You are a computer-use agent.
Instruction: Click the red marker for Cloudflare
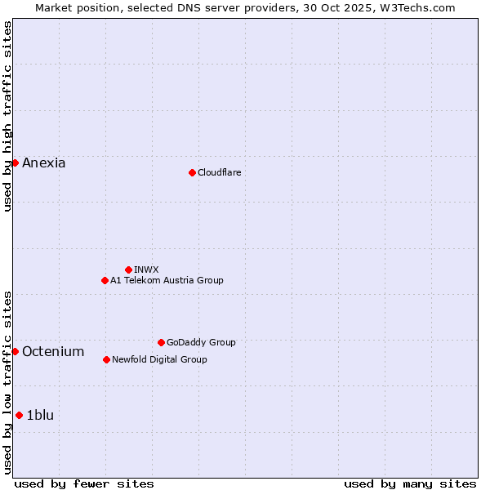click(x=192, y=172)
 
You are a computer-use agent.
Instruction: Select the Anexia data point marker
click(x=15, y=163)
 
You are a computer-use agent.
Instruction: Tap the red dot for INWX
click(x=128, y=269)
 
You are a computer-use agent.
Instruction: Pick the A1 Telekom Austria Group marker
click(x=105, y=280)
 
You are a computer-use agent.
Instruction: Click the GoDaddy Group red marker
click(x=161, y=342)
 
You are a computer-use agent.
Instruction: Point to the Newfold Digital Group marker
click(x=106, y=359)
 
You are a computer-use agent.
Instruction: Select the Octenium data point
click(x=15, y=351)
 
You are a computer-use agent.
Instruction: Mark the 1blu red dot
click(x=19, y=415)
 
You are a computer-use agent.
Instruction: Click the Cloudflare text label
click(x=219, y=172)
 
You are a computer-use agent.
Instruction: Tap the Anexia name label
click(x=44, y=163)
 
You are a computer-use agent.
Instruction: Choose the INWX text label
click(x=146, y=269)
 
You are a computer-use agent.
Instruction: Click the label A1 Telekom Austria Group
click(x=167, y=280)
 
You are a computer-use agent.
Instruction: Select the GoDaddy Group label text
click(x=201, y=342)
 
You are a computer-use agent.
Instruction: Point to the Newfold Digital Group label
click(x=159, y=359)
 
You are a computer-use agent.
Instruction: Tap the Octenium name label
click(x=53, y=351)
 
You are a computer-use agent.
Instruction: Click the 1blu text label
click(x=40, y=415)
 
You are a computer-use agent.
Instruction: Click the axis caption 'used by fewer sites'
click(x=84, y=483)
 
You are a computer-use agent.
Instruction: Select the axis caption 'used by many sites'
click(x=410, y=483)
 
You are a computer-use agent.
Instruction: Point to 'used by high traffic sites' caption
click(x=7, y=116)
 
